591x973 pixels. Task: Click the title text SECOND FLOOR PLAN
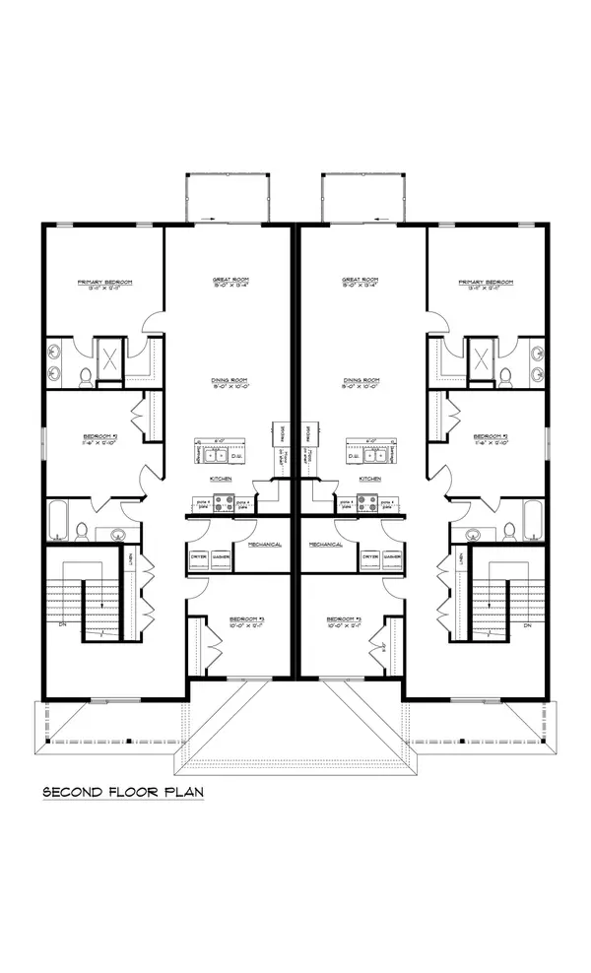122,791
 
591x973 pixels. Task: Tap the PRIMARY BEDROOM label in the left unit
104,282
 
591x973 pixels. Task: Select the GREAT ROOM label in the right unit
361,281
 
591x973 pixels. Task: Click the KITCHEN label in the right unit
369,479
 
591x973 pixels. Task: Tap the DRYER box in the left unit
198,557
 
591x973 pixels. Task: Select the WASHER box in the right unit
392,557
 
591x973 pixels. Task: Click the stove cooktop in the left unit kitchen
224,502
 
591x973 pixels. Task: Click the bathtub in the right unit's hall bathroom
533,520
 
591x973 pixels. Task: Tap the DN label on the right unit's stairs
527,625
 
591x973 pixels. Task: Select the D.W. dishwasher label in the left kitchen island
235,457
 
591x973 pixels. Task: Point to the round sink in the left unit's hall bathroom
118,535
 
